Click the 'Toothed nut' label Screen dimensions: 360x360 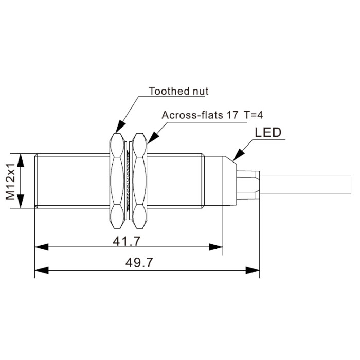178,91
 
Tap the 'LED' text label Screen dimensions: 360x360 268,133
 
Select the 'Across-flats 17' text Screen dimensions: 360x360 200,115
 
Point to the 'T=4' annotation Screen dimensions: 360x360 254,115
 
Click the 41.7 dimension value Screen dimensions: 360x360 127,241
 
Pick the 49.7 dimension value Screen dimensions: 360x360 139,262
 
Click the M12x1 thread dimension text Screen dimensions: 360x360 11,182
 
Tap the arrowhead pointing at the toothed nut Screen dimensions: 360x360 120,127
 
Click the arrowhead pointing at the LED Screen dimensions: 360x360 238,155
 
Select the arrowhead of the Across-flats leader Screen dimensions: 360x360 153,138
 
